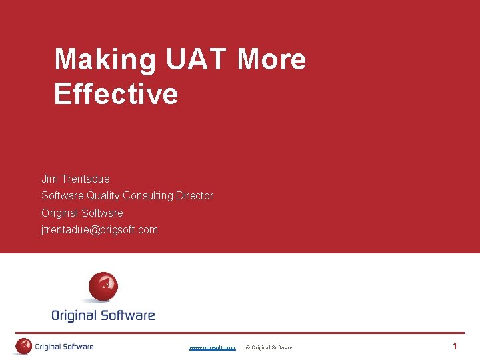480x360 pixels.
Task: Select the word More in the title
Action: [x=271, y=60]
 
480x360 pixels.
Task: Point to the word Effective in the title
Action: [x=116, y=94]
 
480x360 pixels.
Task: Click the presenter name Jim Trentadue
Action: [x=75, y=179]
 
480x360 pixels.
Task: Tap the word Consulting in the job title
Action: [x=148, y=195]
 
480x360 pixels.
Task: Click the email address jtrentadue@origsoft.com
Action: [x=99, y=229]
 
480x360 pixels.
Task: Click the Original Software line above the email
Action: [x=82, y=213]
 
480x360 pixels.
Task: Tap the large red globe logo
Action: [x=103, y=287]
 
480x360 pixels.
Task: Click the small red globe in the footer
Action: [x=24, y=346]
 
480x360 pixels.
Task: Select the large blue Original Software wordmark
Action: [x=103, y=315]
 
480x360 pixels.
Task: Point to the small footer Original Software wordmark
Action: [x=64, y=347]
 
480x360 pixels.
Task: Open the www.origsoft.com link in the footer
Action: [x=212, y=347]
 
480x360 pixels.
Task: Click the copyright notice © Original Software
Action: [x=269, y=347]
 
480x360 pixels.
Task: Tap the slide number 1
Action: [x=455, y=346]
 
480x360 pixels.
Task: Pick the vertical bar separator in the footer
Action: [x=241, y=347]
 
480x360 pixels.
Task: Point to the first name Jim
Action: [x=49, y=179]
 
